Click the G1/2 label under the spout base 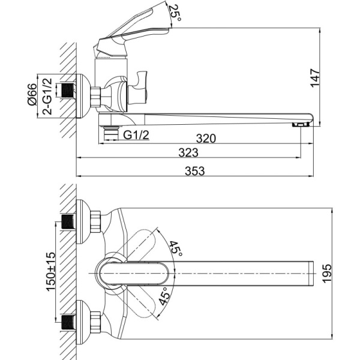[x=136, y=136]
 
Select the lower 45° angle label [x=165, y=297]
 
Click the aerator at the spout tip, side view [x=301, y=124]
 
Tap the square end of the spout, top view [x=310, y=274]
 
